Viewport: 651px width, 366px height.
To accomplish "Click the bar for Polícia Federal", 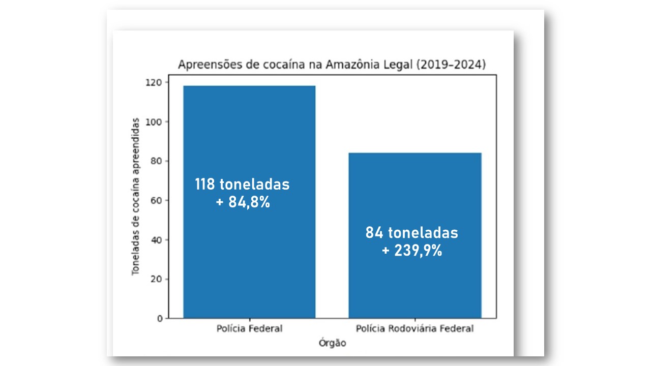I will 249,132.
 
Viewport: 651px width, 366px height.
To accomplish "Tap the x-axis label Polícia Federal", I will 249,329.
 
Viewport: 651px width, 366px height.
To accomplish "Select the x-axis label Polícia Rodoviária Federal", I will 415,329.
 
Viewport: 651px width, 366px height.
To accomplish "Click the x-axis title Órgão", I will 332,343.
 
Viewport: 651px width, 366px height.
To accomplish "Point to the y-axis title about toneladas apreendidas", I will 136,196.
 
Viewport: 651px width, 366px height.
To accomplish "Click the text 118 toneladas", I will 242,184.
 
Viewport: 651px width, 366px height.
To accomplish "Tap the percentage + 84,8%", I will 242,202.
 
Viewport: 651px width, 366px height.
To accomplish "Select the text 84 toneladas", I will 411,233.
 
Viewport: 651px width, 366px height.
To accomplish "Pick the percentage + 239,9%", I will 411,251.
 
